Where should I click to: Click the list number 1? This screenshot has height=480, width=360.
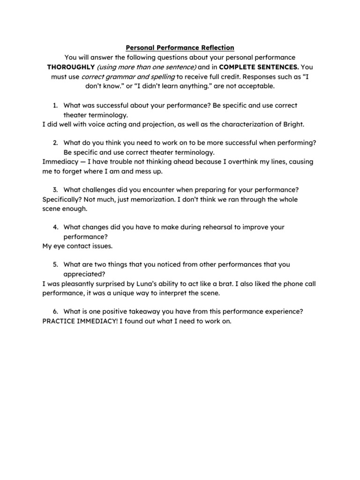coord(55,105)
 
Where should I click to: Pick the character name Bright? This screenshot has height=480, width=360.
coord(293,124)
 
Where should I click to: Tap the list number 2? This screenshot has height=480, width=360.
coord(55,143)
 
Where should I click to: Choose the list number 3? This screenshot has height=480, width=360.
coord(55,190)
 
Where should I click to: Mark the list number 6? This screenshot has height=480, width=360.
coord(55,312)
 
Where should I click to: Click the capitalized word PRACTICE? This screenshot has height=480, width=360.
coord(59,321)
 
